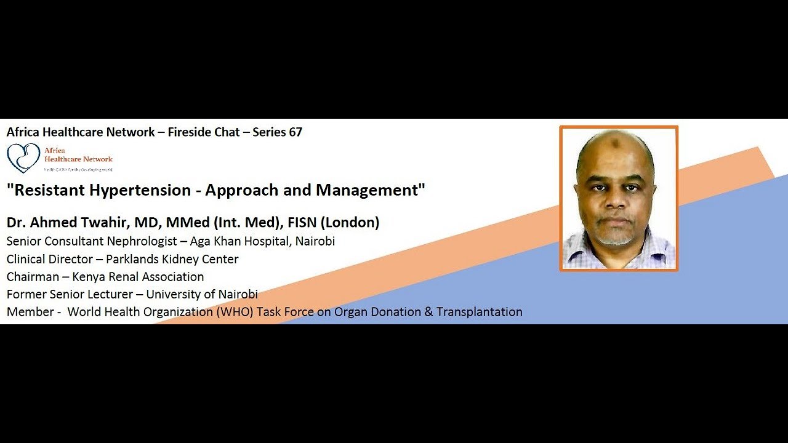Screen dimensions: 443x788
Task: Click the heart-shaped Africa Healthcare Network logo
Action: [23, 158]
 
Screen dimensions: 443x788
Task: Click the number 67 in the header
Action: [295, 132]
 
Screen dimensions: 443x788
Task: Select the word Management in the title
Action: [367, 190]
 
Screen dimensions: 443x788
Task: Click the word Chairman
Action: [33, 277]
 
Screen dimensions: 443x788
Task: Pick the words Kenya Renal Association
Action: [138, 277]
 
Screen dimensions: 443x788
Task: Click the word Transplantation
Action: [479, 312]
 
